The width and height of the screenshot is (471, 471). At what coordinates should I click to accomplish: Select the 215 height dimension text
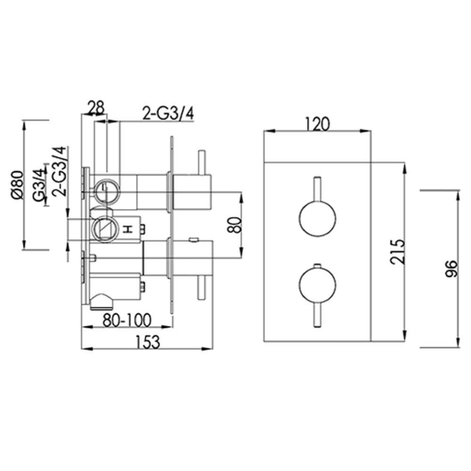(x=398, y=252)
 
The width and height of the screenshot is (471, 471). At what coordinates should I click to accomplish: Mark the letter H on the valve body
(x=126, y=229)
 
